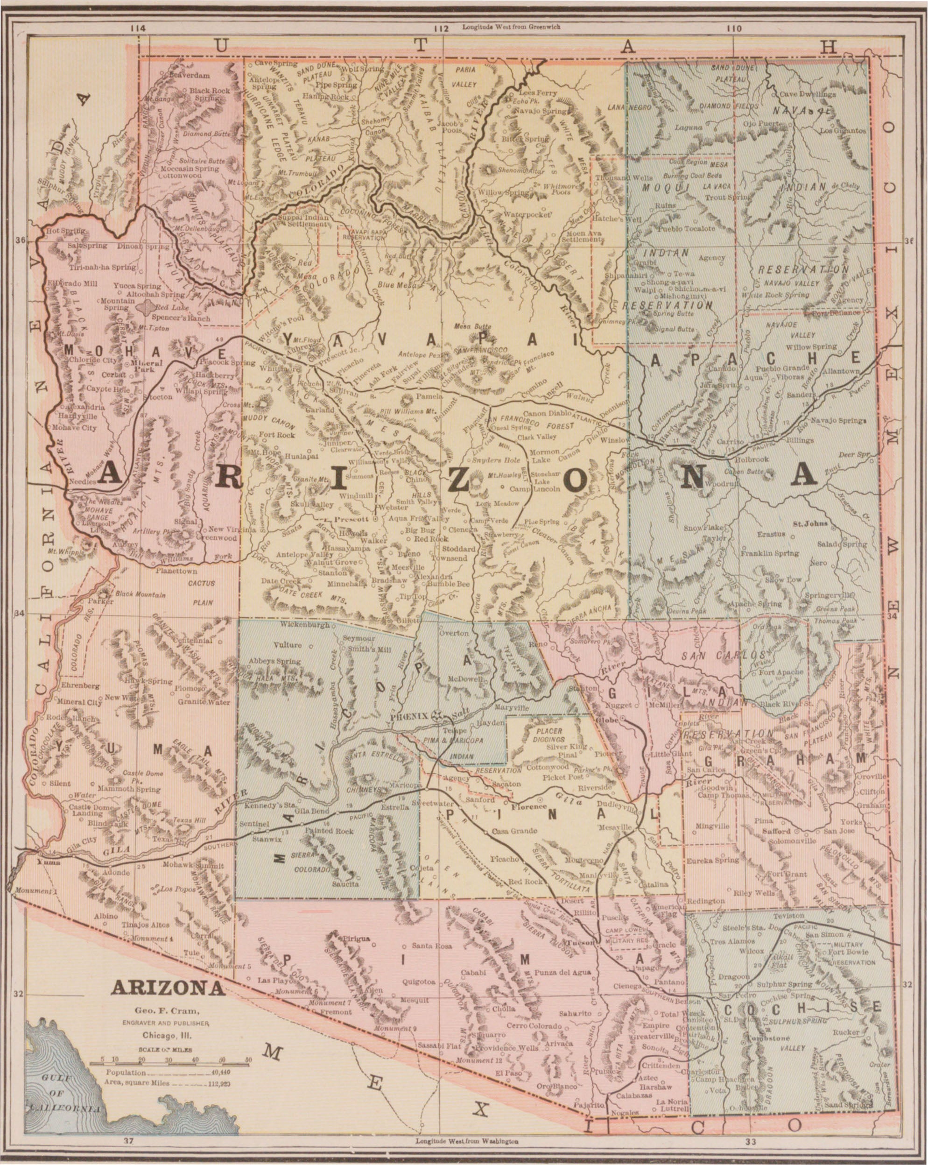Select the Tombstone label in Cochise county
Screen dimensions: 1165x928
coord(769,1038)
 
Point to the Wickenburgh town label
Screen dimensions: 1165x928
coord(305,625)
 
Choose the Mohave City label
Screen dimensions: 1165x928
coord(75,428)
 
